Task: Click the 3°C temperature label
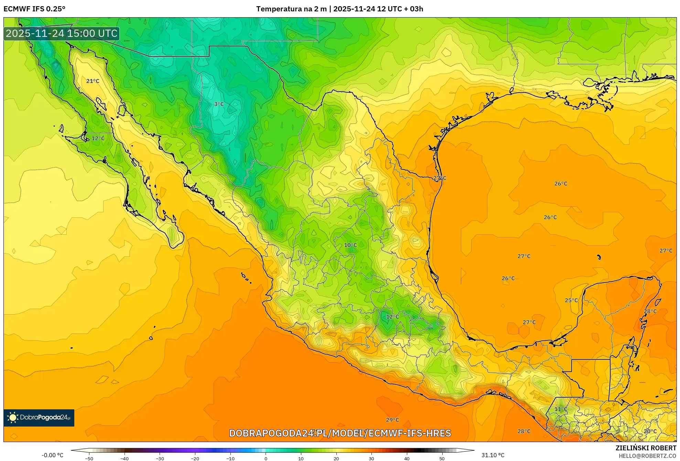219,104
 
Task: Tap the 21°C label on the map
93,81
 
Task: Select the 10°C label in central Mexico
350,245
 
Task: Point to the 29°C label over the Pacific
392,420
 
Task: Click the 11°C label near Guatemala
561,409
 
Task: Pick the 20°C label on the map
650,431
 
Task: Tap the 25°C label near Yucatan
571,300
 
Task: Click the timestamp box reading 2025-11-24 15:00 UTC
62,33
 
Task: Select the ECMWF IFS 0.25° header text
34,9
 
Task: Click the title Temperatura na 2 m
291,9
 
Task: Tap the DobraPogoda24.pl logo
39,418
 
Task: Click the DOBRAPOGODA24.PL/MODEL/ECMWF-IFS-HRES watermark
340,433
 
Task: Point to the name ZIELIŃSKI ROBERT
646,448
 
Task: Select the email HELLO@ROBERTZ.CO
647,456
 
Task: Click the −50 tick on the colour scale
89,458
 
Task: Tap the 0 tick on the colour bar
266,458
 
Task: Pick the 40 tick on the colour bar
407,458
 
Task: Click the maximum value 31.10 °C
493,455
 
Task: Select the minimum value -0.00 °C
53,455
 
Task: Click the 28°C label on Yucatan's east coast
650,311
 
